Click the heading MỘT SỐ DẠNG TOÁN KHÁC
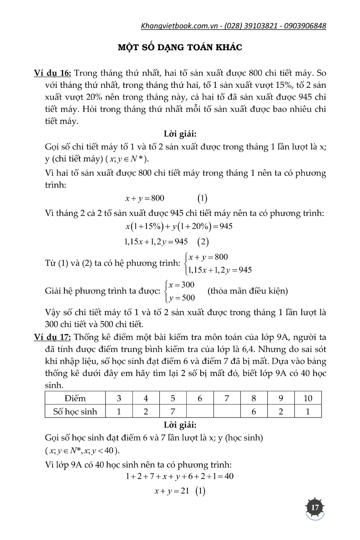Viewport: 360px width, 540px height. click(x=180, y=47)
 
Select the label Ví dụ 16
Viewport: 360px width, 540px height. click(x=53, y=73)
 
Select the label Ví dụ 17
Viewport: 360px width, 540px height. click(x=53, y=337)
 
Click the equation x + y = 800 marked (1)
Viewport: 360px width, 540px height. click(x=145, y=198)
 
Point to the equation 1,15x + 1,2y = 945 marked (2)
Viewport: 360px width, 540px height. click(x=156, y=242)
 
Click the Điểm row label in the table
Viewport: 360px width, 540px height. click(x=75, y=398)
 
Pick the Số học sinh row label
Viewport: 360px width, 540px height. click(x=75, y=411)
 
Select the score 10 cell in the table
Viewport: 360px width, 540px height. click(x=308, y=398)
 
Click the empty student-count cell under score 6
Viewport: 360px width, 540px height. click(x=200, y=411)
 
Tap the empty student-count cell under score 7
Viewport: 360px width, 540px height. click(x=227, y=411)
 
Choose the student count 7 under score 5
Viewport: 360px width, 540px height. click(x=173, y=411)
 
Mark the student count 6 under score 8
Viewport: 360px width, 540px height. click(x=254, y=411)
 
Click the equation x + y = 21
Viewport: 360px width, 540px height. click(x=172, y=491)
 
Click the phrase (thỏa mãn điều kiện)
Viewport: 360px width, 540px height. click(x=248, y=291)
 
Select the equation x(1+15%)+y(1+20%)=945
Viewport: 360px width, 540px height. click(x=179, y=226)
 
